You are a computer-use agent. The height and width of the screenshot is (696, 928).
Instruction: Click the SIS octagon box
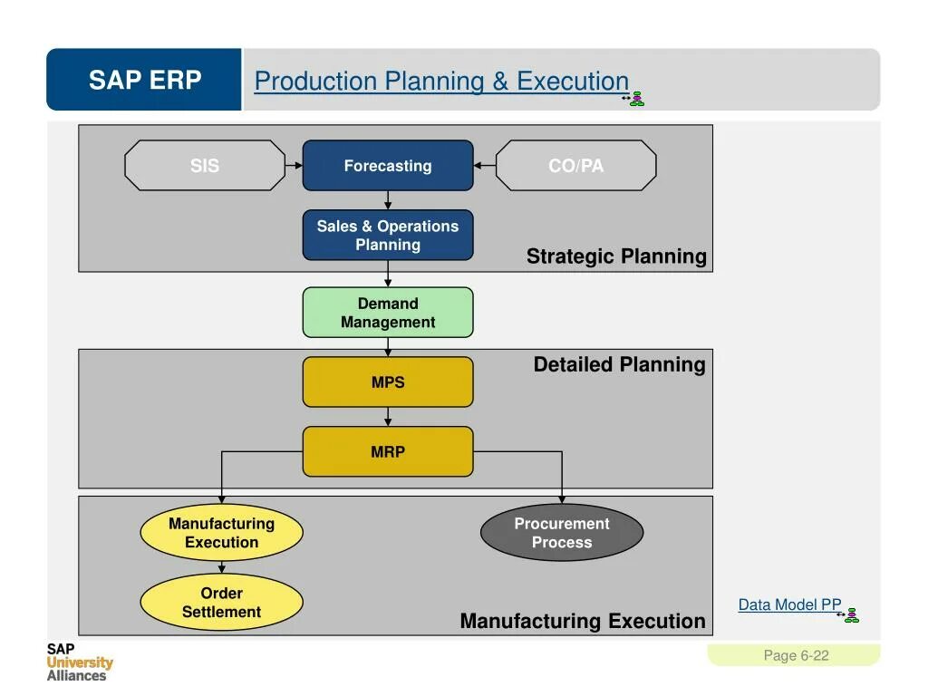pyautogui.click(x=205, y=166)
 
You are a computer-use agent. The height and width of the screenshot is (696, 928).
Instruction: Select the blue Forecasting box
pyautogui.click(x=388, y=166)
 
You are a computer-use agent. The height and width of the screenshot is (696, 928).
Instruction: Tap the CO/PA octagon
pyautogui.click(x=575, y=166)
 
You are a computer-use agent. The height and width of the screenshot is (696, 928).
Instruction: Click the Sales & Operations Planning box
pyautogui.click(x=388, y=235)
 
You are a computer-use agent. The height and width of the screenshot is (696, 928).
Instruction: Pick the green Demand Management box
pyautogui.click(x=388, y=313)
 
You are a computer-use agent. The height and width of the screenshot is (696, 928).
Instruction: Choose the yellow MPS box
pyautogui.click(x=388, y=382)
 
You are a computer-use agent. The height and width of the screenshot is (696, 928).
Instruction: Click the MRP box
pyautogui.click(x=388, y=451)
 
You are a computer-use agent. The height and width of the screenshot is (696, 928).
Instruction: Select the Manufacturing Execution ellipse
pyautogui.click(x=221, y=533)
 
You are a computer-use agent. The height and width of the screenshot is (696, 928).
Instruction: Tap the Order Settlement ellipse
pyautogui.click(x=221, y=603)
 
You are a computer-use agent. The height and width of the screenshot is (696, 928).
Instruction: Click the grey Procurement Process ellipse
pyautogui.click(x=562, y=533)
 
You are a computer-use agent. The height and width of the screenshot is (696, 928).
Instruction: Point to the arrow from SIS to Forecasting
pyautogui.click(x=294, y=166)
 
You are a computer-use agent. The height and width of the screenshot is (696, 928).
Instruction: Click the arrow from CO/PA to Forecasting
pyautogui.click(x=484, y=166)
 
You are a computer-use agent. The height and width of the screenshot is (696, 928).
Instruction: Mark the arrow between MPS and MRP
pyautogui.click(x=388, y=417)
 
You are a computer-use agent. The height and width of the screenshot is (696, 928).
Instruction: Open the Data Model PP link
pyautogui.click(x=789, y=604)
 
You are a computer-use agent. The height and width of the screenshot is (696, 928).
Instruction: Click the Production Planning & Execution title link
pyautogui.click(x=441, y=82)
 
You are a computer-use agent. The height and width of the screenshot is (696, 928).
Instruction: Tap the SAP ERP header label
pyautogui.click(x=145, y=81)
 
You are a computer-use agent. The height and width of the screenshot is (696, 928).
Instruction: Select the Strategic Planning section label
pyautogui.click(x=616, y=256)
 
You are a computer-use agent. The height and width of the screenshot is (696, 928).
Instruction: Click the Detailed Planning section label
pyautogui.click(x=619, y=364)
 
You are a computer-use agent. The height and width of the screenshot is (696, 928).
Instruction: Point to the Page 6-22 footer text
pyautogui.click(x=796, y=655)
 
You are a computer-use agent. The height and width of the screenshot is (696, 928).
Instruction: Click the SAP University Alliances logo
pyautogui.click(x=80, y=662)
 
